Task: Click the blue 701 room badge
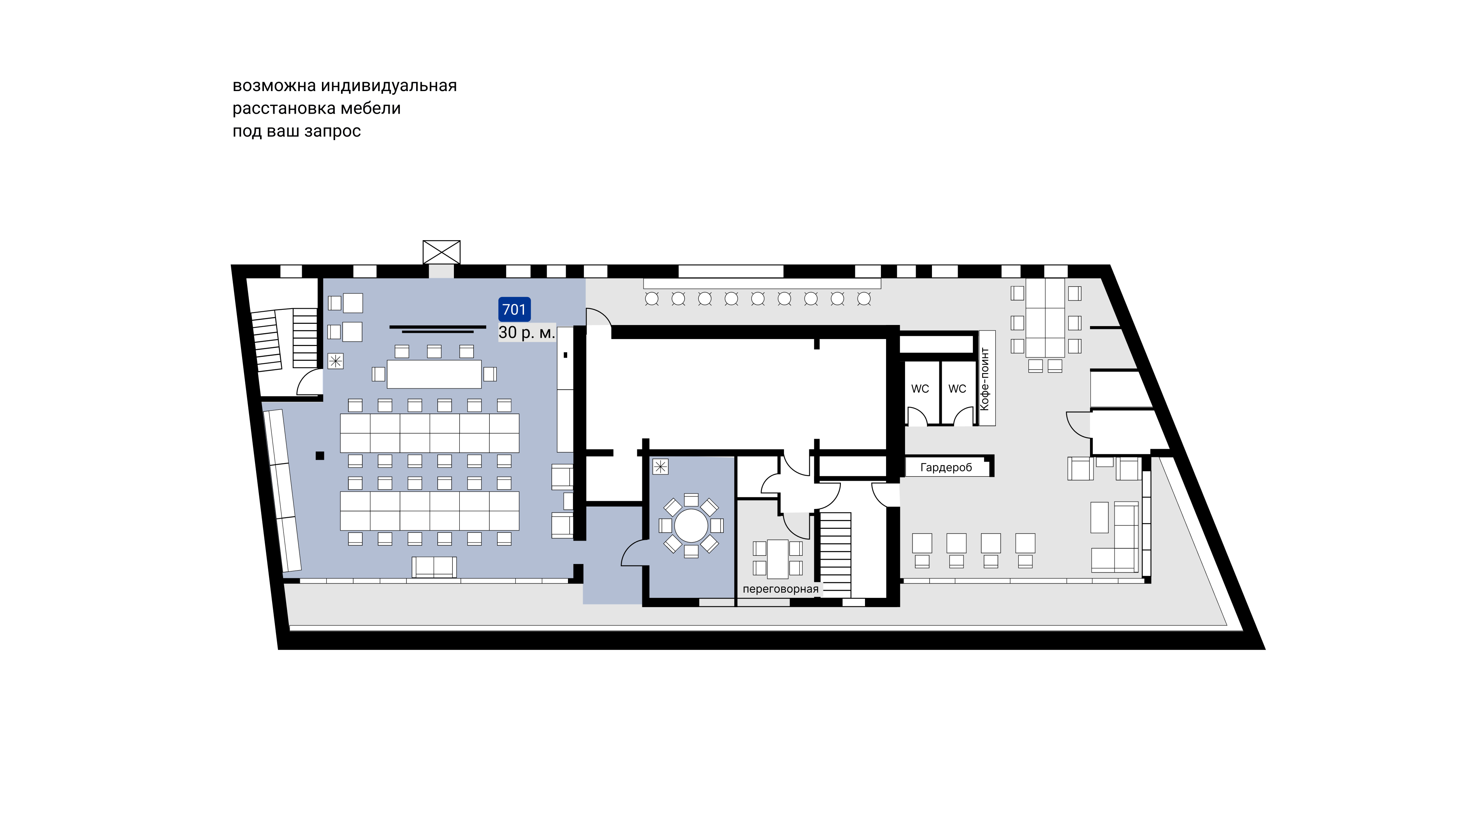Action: pos(514,309)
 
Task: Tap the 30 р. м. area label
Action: pos(526,333)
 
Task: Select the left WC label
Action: pos(920,389)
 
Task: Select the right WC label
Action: pos(957,389)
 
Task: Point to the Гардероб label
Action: pos(946,468)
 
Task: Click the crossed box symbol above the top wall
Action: pos(441,252)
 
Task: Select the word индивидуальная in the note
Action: pos(389,86)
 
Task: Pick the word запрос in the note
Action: pos(332,132)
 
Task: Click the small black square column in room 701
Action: pos(320,456)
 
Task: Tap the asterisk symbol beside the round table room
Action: pos(660,467)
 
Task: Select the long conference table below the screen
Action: pos(434,374)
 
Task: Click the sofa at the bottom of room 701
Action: pos(434,567)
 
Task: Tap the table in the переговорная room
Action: pos(777,559)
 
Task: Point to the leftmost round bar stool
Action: pos(652,299)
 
